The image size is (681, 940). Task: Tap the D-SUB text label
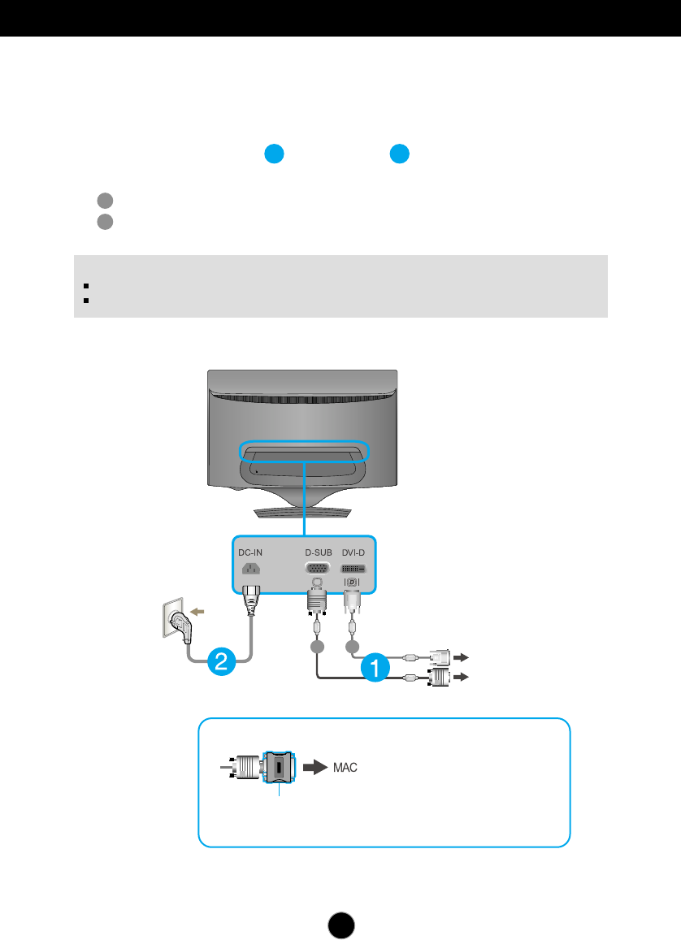tap(318, 553)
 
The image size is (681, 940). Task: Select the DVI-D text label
tap(353, 553)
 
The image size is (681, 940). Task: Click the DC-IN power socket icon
tap(249, 570)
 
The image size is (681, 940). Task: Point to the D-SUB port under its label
tap(318, 570)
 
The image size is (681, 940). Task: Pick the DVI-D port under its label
tap(352, 570)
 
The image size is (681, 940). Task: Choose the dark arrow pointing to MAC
tap(314, 767)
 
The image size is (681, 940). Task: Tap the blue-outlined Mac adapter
tap(279, 768)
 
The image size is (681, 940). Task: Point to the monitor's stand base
tap(302, 512)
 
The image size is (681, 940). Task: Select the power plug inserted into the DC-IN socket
tap(249, 597)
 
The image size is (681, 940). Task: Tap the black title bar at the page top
tap(340, 17)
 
